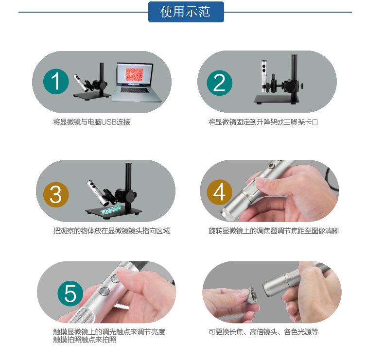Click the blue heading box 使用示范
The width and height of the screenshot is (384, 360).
tap(186, 12)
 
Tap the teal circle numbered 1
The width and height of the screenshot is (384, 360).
tap(56, 82)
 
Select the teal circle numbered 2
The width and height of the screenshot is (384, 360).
tap(219, 83)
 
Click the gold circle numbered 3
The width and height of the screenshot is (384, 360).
tap(56, 194)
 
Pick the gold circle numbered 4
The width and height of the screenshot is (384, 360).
tap(219, 192)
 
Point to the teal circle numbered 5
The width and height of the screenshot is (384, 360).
tap(70, 293)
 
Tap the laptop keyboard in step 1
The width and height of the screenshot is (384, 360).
tap(135, 90)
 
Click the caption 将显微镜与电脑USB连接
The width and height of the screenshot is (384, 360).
tap(92, 122)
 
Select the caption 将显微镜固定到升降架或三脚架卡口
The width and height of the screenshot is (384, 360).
tap(263, 122)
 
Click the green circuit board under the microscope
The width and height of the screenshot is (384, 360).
tap(110, 210)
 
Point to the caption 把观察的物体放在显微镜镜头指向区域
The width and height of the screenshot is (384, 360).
tap(111, 231)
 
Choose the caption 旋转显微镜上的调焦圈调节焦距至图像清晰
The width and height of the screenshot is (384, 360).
tap(274, 231)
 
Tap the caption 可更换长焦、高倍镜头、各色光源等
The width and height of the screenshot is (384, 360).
tap(263, 332)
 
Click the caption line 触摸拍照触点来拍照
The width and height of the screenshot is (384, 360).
tap(85, 340)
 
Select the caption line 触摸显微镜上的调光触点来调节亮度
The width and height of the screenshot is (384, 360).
tap(109, 332)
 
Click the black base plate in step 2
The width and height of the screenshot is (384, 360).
tap(277, 99)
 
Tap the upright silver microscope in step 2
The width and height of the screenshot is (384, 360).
tap(264, 76)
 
